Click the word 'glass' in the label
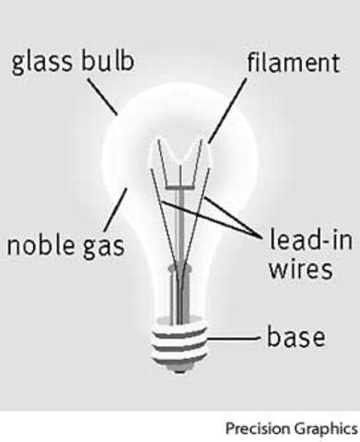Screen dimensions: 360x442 click(x=41, y=64)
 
